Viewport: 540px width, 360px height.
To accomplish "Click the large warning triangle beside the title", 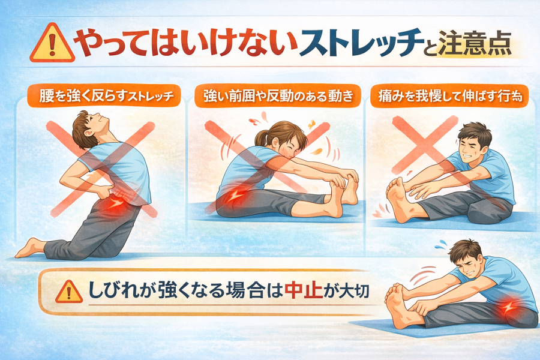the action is click(52, 44).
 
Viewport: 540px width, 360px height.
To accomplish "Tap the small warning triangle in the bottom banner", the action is click(68, 292).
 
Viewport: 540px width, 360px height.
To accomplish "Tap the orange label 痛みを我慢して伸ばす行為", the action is click(449, 96).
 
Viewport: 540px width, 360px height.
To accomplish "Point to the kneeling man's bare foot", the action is click(29, 248).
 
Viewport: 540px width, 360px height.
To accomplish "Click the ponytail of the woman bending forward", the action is click(262, 137).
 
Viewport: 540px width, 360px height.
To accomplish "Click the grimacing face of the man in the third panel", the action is click(472, 148).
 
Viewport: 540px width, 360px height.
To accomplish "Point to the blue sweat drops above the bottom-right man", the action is click(441, 244).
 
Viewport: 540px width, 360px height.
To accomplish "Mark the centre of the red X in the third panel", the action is click(425, 145).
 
